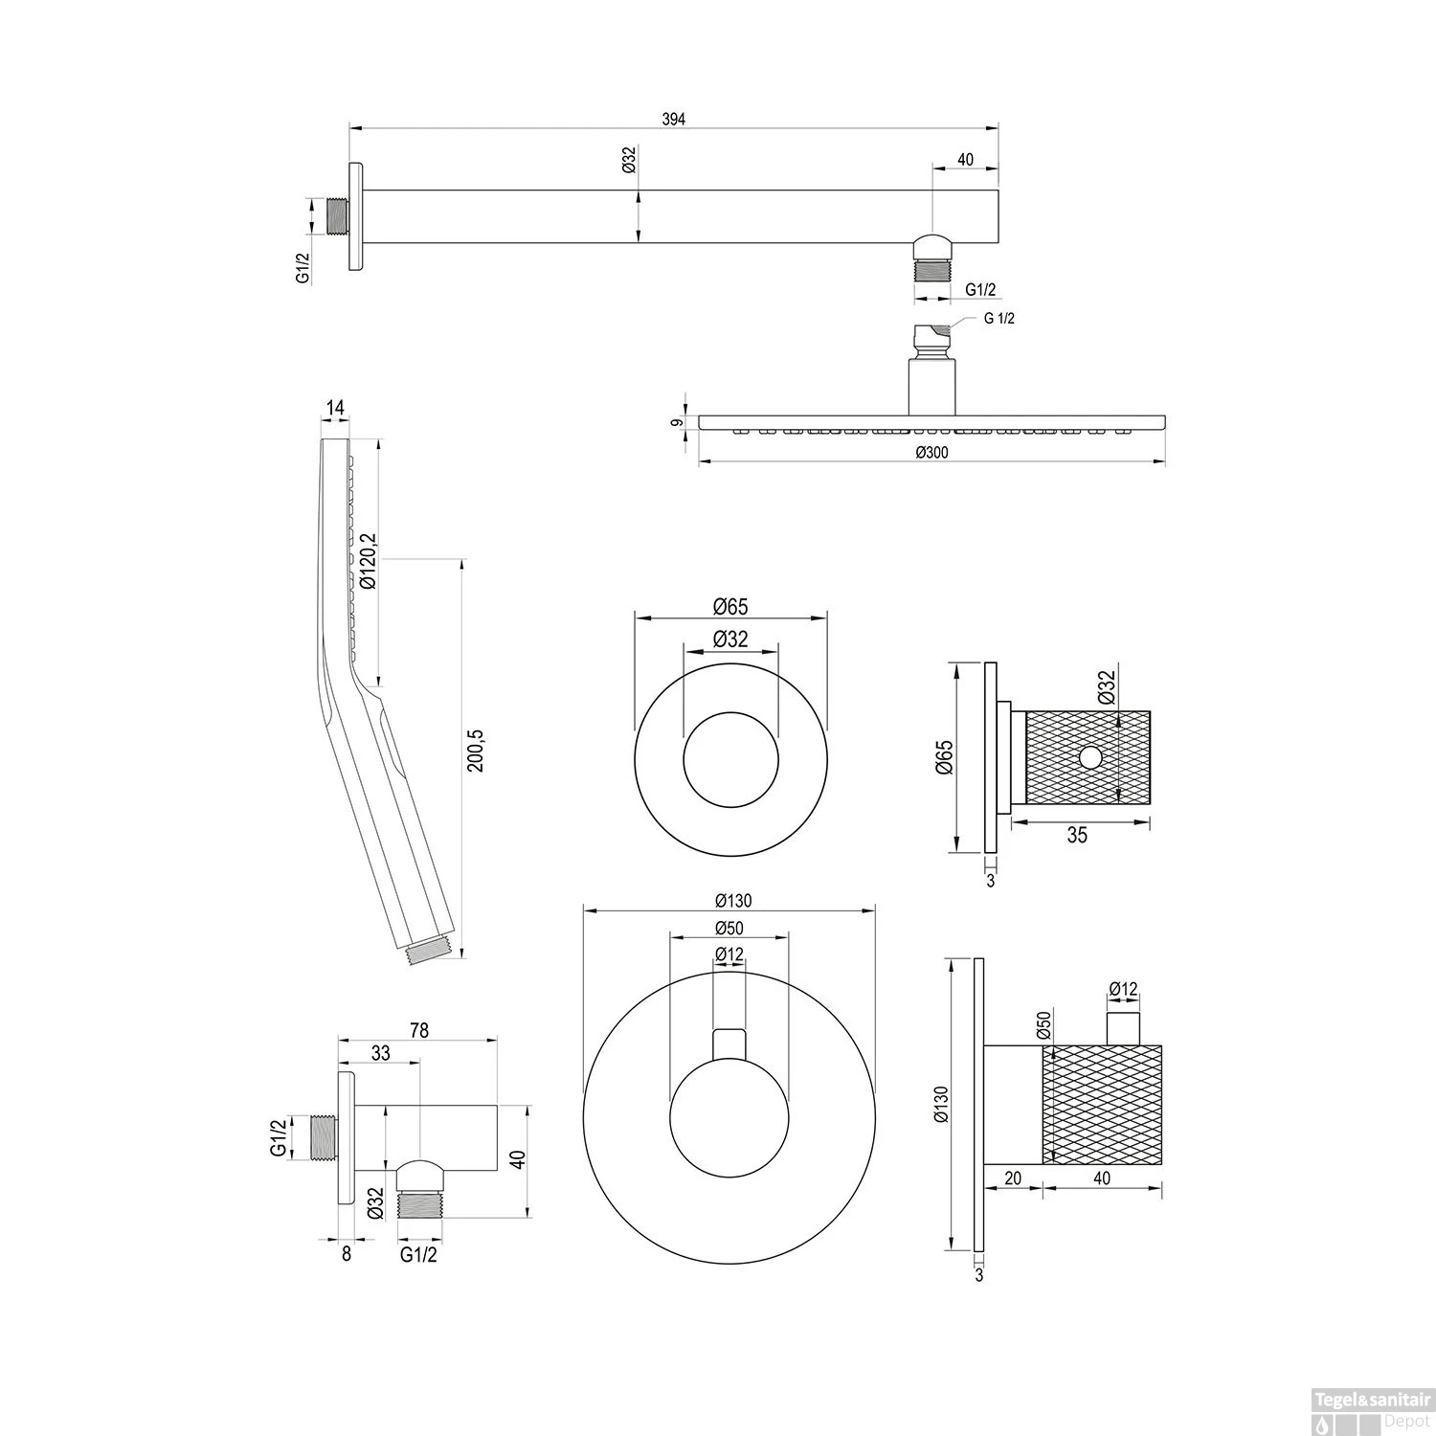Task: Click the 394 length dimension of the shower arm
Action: coord(674,119)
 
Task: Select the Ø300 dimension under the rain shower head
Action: coord(931,453)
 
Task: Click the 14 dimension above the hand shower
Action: coord(335,409)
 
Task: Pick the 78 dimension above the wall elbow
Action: coord(418,1030)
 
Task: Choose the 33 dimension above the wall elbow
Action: coord(380,1052)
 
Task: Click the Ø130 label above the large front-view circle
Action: coord(733,900)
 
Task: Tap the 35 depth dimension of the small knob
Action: coord(1077,835)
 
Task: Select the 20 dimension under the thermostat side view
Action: coord(1013,1178)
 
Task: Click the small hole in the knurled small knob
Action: coord(1089,757)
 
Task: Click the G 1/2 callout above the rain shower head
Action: coord(998,319)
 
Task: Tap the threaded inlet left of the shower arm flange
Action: coord(336,215)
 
